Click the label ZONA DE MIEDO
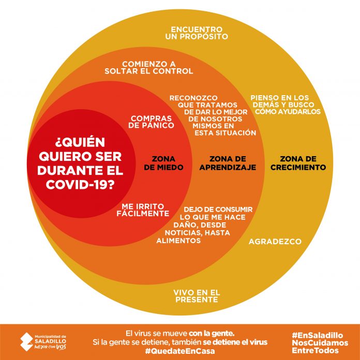click(163, 163)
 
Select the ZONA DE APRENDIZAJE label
click(228, 163)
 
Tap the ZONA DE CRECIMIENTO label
click(298, 163)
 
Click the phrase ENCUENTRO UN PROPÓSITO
click(197, 33)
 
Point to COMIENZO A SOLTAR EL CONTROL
click(149, 67)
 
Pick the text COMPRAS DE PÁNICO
click(151, 122)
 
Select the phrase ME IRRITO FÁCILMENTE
click(143, 210)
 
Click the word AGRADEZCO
click(275, 242)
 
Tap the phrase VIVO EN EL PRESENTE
click(197, 296)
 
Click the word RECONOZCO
click(193, 98)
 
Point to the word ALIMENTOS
click(178, 241)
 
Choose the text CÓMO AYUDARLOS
click(288, 112)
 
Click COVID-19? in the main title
click(80, 184)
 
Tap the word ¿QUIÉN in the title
click(80, 142)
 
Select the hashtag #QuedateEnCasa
click(180, 351)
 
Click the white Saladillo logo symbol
click(26, 342)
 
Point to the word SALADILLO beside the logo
click(51, 341)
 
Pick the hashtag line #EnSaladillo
click(318, 335)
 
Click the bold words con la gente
click(212, 333)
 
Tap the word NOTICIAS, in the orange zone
click(184, 233)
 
